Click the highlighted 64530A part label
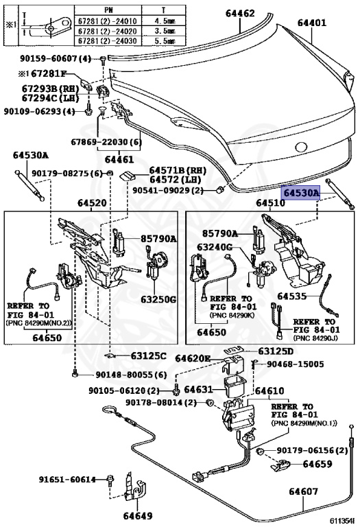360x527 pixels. (301, 193)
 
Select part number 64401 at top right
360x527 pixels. (312, 23)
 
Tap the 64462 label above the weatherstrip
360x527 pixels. (240, 13)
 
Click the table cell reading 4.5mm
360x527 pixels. (164, 21)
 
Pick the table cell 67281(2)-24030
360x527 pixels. (108, 41)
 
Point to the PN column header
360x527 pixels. (108, 10)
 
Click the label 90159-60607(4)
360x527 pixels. (56, 58)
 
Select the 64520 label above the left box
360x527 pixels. (92, 203)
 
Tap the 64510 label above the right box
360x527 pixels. (270, 203)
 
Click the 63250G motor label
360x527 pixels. (158, 299)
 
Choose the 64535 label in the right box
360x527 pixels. (292, 296)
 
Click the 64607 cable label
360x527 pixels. (303, 491)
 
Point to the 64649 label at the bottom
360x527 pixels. (137, 515)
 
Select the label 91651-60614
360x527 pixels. (67, 479)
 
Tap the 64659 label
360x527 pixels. (317, 464)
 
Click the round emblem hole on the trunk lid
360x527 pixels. (301, 147)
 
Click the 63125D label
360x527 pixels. (276, 351)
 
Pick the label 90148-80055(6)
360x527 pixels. (131, 375)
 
